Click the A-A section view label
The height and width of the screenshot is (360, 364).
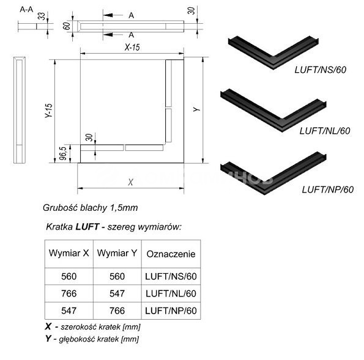pyautogui.click(x=26, y=10)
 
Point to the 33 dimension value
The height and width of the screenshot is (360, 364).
pyautogui.click(x=42, y=17)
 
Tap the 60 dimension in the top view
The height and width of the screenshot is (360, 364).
pyautogui.click(x=67, y=26)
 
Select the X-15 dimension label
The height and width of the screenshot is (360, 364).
pyautogui.click(x=132, y=47)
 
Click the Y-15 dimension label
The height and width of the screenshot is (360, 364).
pyautogui.click(x=49, y=111)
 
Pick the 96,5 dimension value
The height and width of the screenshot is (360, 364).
pyautogui.click(x=62, y=153)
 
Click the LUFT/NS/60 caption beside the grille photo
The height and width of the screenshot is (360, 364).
pyautogui.click(x=321, y=70)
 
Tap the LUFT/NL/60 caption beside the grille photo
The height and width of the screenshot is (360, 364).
pyautogui.click(x=325, y=131)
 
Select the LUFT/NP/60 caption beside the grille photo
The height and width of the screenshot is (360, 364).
pyautogui.click(x=328, y=189)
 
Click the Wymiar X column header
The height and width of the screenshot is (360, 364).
pyautogui.click(x=69, y=253)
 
